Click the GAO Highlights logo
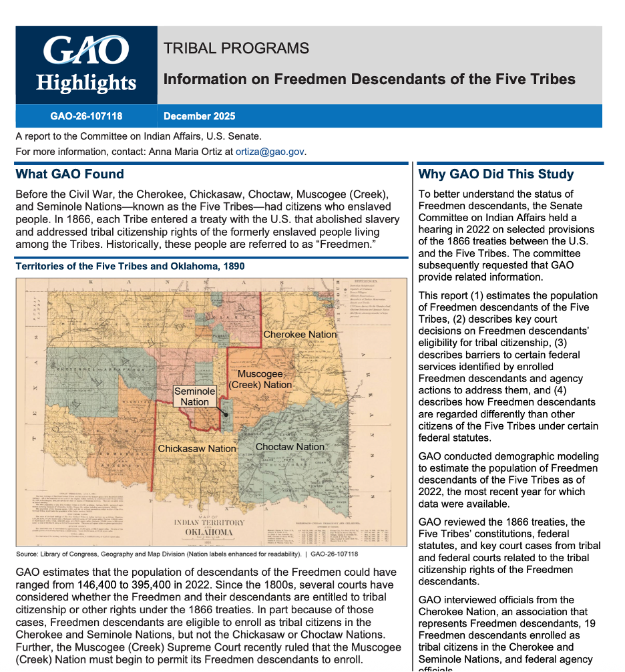(86, 65)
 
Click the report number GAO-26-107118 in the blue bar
(86, 116)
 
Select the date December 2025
(199, 116)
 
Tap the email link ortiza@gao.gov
(270, 152)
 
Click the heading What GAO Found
(69, 174)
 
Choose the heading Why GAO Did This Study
(495, 174)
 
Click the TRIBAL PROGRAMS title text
(236, 48)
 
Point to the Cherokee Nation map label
(300, 334)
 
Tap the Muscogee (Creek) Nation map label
(260, 379)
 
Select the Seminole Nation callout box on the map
(194, 396)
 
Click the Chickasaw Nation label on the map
(196, 449)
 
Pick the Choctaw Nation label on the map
(290, 447)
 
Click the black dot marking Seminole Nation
(226, 414)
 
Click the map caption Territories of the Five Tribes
(130, 267)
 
